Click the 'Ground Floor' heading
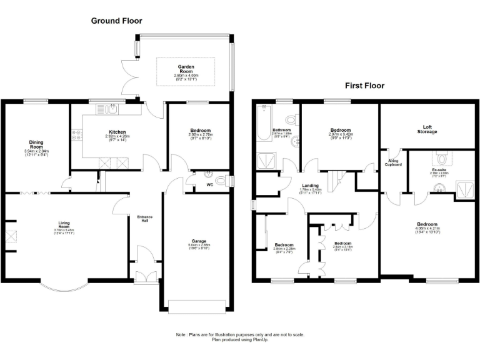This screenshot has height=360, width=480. (116, 21)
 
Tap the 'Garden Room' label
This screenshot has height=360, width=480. (186, 69)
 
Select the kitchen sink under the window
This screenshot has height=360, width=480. (110, 110)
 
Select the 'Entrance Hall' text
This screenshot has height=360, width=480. (145, 219)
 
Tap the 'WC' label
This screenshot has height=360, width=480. (209, 185)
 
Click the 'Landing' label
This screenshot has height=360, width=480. (311, 185)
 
